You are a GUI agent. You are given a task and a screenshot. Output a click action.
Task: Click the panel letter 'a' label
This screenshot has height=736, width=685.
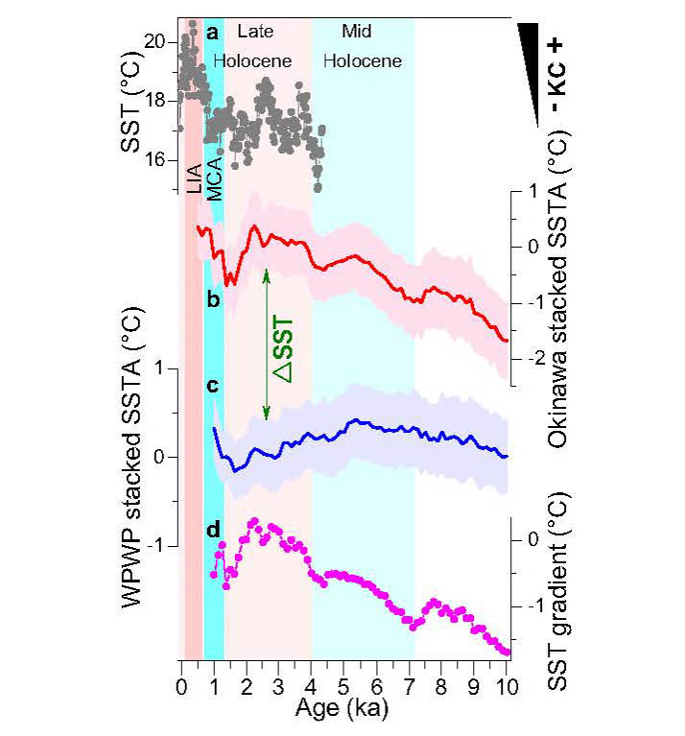[x=213, y=32]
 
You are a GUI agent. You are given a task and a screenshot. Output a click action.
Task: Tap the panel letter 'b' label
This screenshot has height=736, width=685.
[x=213, y=300]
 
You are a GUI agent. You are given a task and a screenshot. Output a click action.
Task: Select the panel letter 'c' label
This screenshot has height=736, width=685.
[x=213, y=386]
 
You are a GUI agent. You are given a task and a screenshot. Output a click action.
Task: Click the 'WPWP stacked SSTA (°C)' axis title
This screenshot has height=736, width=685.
[x=133, y=480]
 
